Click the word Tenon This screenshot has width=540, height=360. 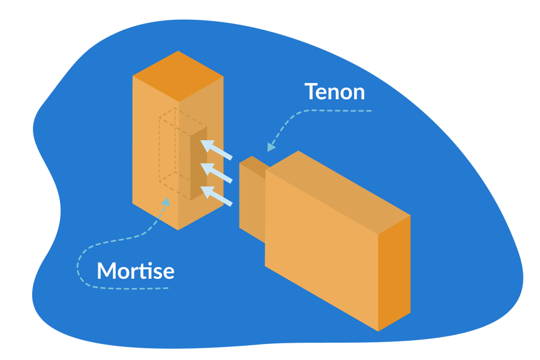click(x=334, y=92)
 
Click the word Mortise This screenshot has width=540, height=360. click(x=135, y=271)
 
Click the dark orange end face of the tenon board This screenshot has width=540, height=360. click(x=394, y=273)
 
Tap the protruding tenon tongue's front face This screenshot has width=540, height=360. click(x=252, y=201)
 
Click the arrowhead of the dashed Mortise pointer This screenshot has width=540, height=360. click(x=165, y=202)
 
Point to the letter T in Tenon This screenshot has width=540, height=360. click(x=311, y=92)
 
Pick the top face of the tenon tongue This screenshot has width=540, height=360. click(x=253, y=163)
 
